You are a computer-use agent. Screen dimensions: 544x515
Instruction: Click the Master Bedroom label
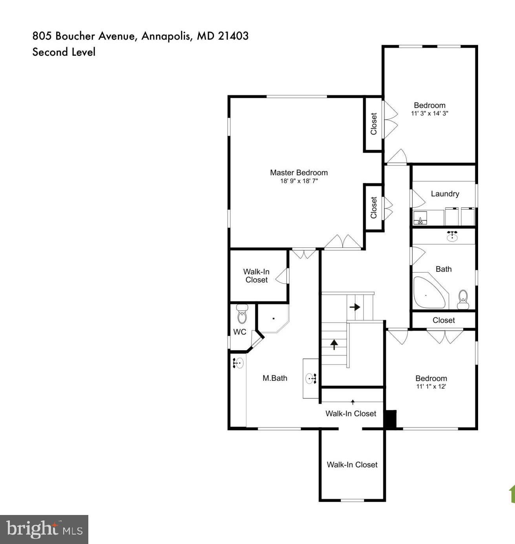click(299, 173)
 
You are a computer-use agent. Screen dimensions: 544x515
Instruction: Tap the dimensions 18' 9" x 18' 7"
click(299, 181)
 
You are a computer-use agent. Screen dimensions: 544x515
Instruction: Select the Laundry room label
click(445, 194)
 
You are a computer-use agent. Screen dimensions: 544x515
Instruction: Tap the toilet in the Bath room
click(463, 299)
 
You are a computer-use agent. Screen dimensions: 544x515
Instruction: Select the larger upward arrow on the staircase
click(334, 344)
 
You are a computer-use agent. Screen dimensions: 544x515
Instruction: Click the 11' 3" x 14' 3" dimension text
click(429, 113)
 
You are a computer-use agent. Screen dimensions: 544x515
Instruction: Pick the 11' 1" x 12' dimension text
click(431, 386)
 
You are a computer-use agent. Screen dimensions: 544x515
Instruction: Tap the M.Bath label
click(275, 378)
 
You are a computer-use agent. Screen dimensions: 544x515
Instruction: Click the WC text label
click(240, 332)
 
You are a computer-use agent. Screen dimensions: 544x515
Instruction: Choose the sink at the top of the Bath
click(453, 237)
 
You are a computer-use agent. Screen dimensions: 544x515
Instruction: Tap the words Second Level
click(64, 52)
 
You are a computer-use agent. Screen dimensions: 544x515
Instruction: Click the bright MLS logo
click(44, 529)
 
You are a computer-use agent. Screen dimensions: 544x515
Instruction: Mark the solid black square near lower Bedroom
click(391, 418)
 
